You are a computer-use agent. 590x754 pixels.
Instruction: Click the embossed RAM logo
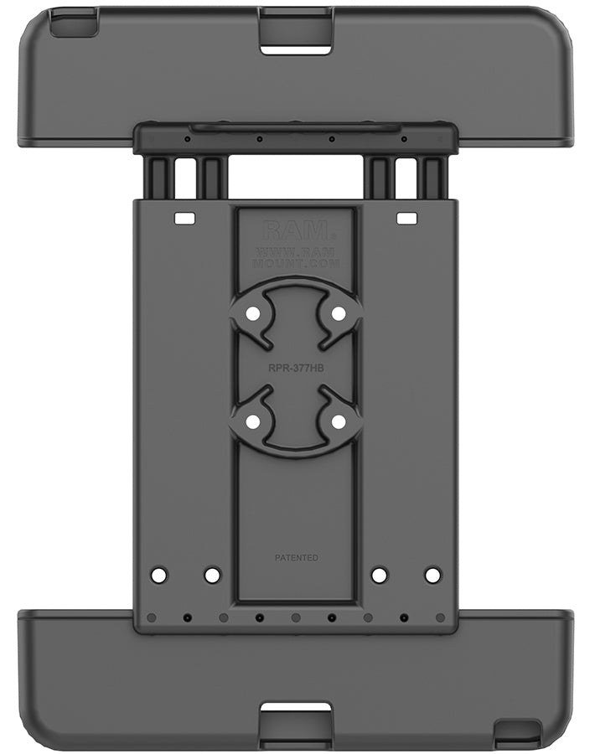295,229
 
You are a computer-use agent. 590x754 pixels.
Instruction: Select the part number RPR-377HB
295,366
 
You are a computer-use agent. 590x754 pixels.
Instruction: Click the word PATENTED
296,557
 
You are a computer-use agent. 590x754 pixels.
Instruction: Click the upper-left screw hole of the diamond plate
252,313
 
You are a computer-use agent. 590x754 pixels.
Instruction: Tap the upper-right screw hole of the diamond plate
339,313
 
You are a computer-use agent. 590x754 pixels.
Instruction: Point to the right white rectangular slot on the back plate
406,219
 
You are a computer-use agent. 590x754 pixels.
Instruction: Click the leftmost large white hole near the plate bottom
158,576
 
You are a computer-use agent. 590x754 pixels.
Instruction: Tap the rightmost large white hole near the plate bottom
432,576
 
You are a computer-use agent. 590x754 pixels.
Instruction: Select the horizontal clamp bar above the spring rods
295,138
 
